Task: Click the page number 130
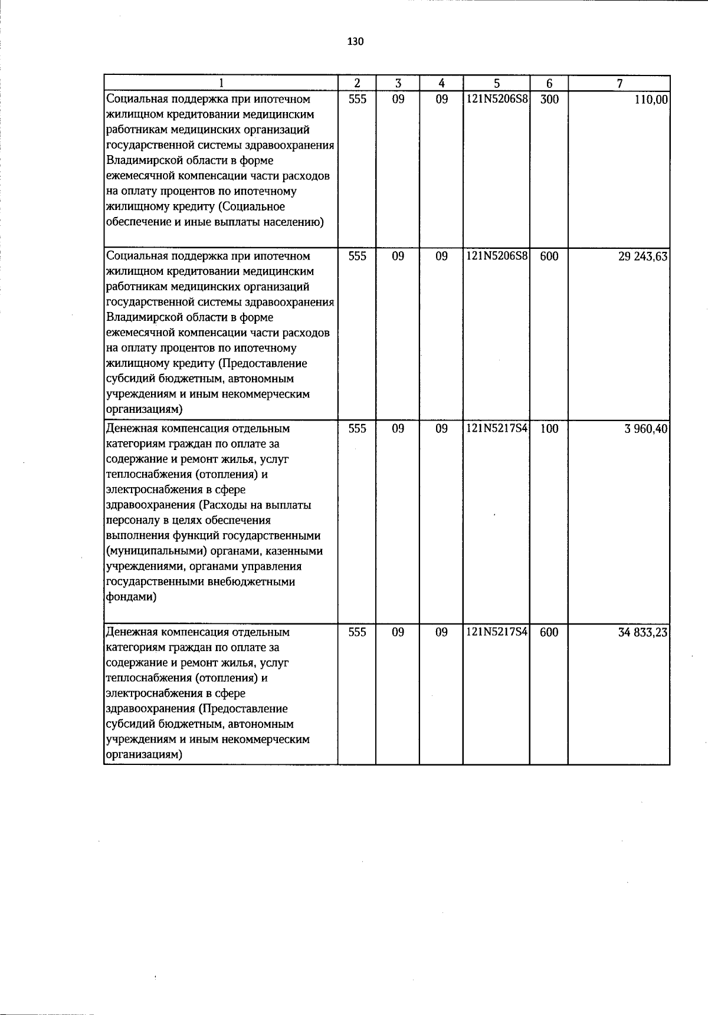pyautogui.click(x=356, y=41)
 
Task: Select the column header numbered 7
pyautogui.click(x=619, y=84)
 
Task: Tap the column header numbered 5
pyautogui.click(x=497, y=84)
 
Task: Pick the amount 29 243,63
pyautogui.click(x=643, y=257)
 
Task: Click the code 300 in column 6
pyautogui.click(x=549, y=100)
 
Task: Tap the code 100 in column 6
pyautogui.click(x=549, y=429)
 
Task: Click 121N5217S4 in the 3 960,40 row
pyautogui.click(x=497, y=429)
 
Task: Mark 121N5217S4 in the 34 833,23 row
pyautogui.click(x=497, y=632)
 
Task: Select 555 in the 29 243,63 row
pyautogui.click(x=357, y=257)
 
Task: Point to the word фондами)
pyautogui.click(x=131, y=597)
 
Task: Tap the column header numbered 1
pyautogui.click(x=221, y=84)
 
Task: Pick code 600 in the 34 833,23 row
pyautogui.click(x=549, y=632)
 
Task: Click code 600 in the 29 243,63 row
pyautogui.click(x=549, y=257)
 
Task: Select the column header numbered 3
pyautogui.click(x=398, y=84)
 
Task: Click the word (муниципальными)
pyautogui.click(x=148, y=551)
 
